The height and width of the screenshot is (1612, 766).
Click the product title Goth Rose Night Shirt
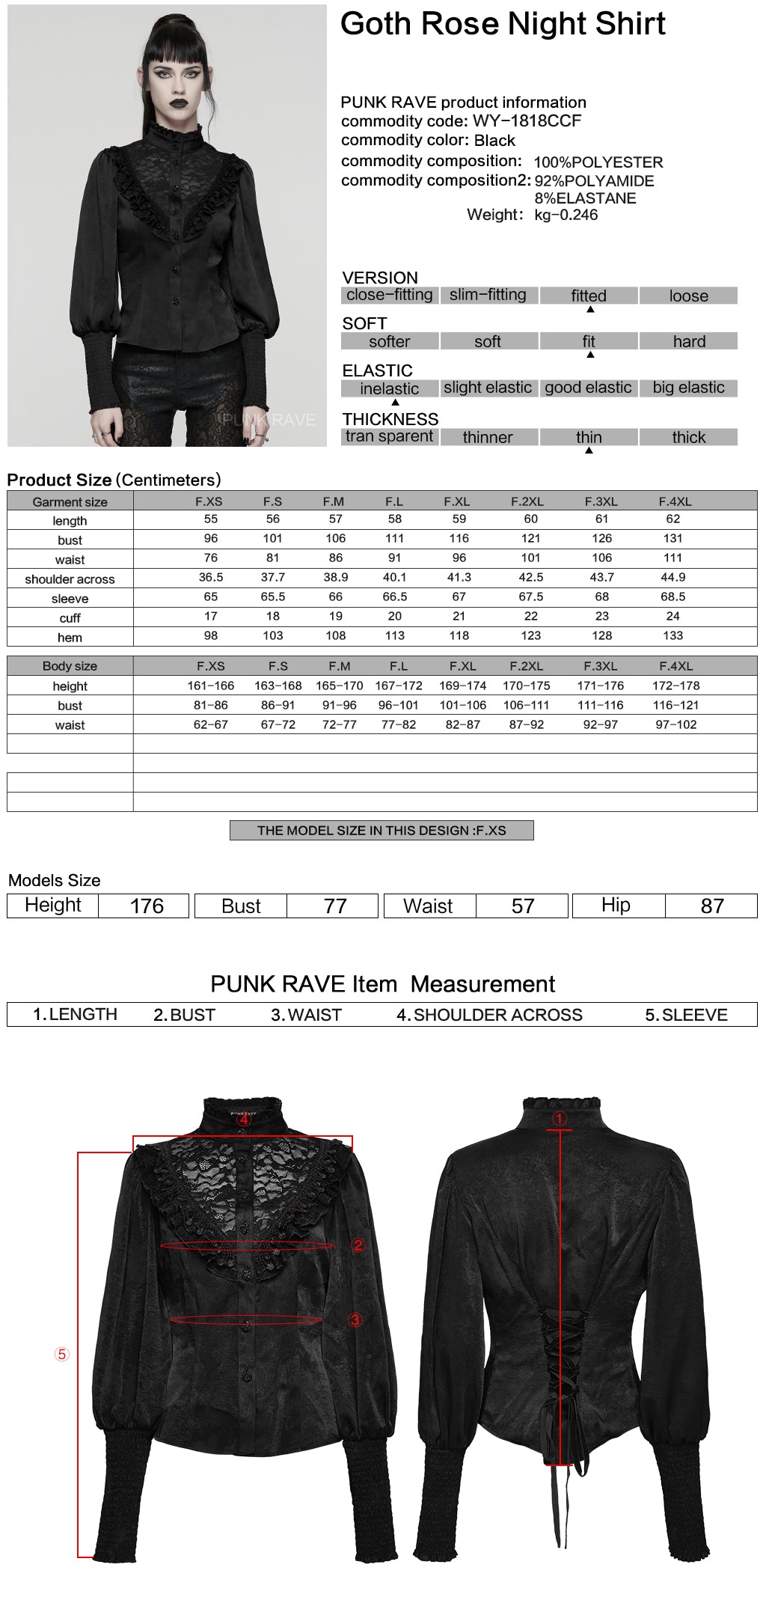[503, 24]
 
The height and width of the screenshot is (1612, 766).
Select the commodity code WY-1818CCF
[527, 121]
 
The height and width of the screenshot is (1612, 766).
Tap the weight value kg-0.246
[566, 215]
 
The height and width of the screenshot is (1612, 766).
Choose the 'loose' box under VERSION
[688, 296]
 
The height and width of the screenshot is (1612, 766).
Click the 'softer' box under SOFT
[389, 342]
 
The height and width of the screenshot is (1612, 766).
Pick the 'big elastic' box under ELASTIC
[688, 388]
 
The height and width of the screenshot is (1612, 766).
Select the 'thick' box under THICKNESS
[688, 437]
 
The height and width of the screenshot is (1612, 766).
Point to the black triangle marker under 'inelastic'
[395, 403]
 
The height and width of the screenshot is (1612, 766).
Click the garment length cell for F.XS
[211, 519]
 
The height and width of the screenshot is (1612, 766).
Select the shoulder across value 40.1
[394, 578]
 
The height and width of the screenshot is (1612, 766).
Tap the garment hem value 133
[672, 636]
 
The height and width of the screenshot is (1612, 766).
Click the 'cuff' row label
[70, 618]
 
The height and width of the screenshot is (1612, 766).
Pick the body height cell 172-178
[675, 686]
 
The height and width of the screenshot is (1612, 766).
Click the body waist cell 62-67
[211, 724]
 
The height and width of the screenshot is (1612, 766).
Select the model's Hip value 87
[711, 906]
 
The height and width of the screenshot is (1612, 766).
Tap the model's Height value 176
[147, 906]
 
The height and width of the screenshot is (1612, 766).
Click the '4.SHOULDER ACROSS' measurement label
[489, 1015]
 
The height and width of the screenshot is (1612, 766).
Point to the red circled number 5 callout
[62, 1354]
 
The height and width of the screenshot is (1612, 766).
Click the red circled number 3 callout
[355, 1319]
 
